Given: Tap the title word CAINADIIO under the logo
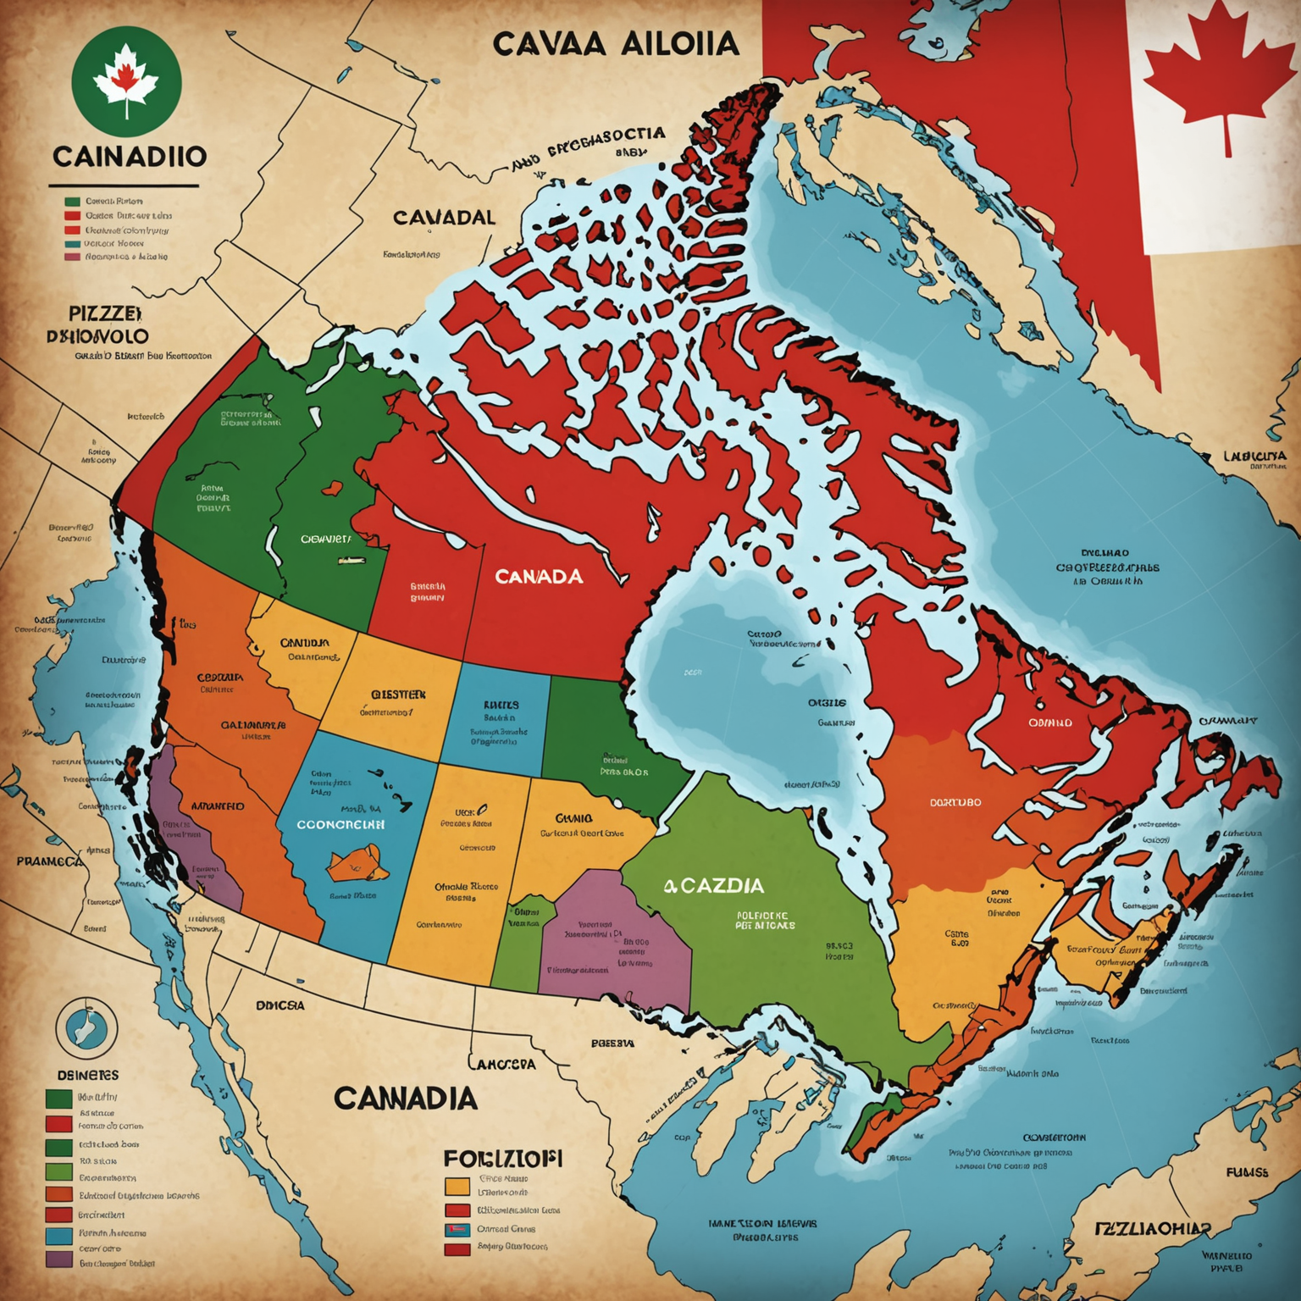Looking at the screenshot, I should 129,157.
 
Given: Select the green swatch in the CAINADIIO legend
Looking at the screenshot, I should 72,202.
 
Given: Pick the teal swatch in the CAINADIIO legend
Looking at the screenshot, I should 72,243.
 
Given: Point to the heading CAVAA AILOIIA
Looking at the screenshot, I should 616,44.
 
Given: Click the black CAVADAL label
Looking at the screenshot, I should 444,218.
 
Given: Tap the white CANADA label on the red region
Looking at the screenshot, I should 539,577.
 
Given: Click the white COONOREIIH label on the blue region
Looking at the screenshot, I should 340,824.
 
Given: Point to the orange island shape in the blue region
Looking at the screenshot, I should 358,863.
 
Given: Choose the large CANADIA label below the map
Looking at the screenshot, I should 405,1099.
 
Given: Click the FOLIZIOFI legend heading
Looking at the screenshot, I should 503,1159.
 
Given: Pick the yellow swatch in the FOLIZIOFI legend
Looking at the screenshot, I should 457,1186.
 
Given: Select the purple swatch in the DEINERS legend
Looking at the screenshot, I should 58,1259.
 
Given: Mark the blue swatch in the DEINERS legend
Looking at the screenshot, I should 58,1236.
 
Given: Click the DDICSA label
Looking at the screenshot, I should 280,1005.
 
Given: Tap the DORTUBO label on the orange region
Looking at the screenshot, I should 955,802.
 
